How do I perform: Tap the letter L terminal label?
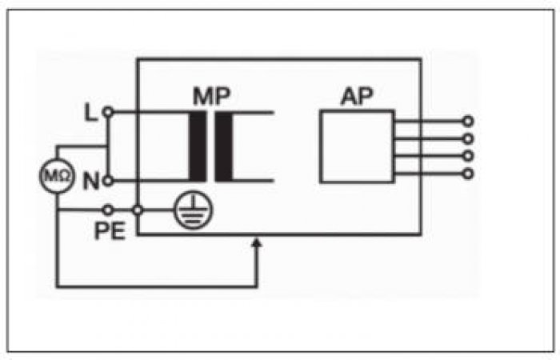(90, 112)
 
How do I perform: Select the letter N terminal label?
(91, 181)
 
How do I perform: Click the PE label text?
(110, 230)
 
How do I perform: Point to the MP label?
(212, 96)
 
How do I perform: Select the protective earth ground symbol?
(194, 210)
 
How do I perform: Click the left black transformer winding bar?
(198, 146)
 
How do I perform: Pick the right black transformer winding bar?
(224, 146)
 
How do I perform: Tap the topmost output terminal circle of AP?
(468, 122)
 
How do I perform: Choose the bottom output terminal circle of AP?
(468, 174)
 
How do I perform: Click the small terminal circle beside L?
(108, 113)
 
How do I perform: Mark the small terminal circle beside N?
(108, 181)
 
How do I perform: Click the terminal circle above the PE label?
(108, 210)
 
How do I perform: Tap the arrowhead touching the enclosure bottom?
(257, 243)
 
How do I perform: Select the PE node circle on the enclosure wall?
(138, 210)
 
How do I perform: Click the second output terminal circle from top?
(468, 138)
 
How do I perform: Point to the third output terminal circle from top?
(468, 156)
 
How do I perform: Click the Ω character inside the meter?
(65, 176)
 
